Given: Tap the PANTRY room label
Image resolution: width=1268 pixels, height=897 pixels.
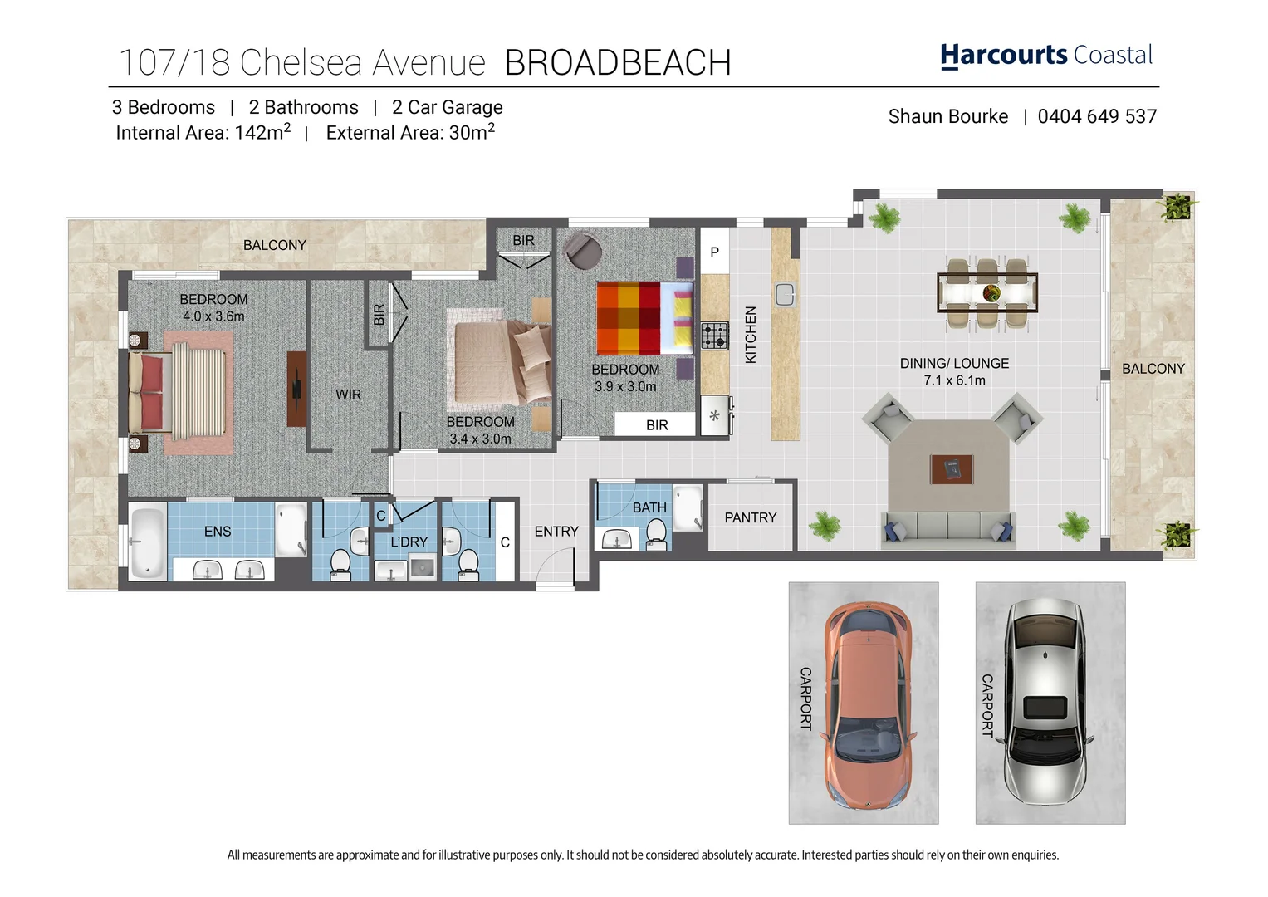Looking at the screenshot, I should click(750, 517).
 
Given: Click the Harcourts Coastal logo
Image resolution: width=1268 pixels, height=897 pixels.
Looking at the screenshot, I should click(1045, 56).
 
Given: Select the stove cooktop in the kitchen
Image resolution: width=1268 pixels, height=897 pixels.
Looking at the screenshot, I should click(714, 336).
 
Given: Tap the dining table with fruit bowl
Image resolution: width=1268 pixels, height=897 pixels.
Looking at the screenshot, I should click(986, 292).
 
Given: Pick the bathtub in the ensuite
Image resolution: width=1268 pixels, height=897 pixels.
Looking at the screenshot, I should click(149, 542).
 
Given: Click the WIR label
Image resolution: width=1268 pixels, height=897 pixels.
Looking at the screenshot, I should click(349, 395).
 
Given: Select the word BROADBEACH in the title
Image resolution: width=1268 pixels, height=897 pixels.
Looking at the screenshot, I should click(617, 63).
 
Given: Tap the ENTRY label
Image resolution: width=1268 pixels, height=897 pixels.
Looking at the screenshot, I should click(556, 532).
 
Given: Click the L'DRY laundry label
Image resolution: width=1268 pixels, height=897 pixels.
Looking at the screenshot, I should click(409, 542).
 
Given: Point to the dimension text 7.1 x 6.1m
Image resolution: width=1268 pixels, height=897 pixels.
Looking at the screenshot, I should click(954, 380).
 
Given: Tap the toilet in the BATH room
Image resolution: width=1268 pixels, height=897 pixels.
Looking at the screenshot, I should click(656, 534).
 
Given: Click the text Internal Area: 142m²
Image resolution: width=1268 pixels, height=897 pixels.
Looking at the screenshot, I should click(203, 132).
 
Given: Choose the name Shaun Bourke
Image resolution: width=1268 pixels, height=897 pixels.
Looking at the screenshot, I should click(947, 117).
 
